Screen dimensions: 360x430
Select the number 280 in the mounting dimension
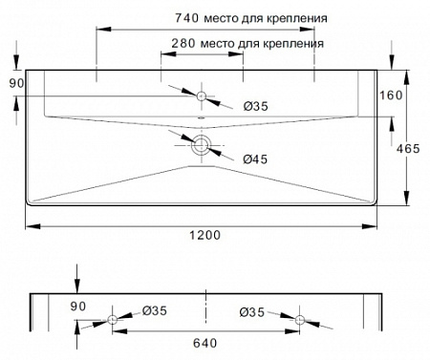click(x=183, y=43)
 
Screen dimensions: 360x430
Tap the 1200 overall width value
click(x=204, y=235)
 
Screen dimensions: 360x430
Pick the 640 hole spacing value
click(x=205, y=340)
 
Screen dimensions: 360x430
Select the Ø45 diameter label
click(x=253, y=159)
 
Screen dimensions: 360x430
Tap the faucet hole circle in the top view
click(x=203, y=95)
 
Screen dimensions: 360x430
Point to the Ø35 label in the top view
click(x=253, y=107)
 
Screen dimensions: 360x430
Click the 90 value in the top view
click(x=15, y=84)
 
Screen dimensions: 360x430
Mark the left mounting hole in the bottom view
click(x=114, y=319)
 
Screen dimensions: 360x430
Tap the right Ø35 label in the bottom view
click(x=252, y=311)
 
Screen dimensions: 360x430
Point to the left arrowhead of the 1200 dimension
click(x=29, y=224)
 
